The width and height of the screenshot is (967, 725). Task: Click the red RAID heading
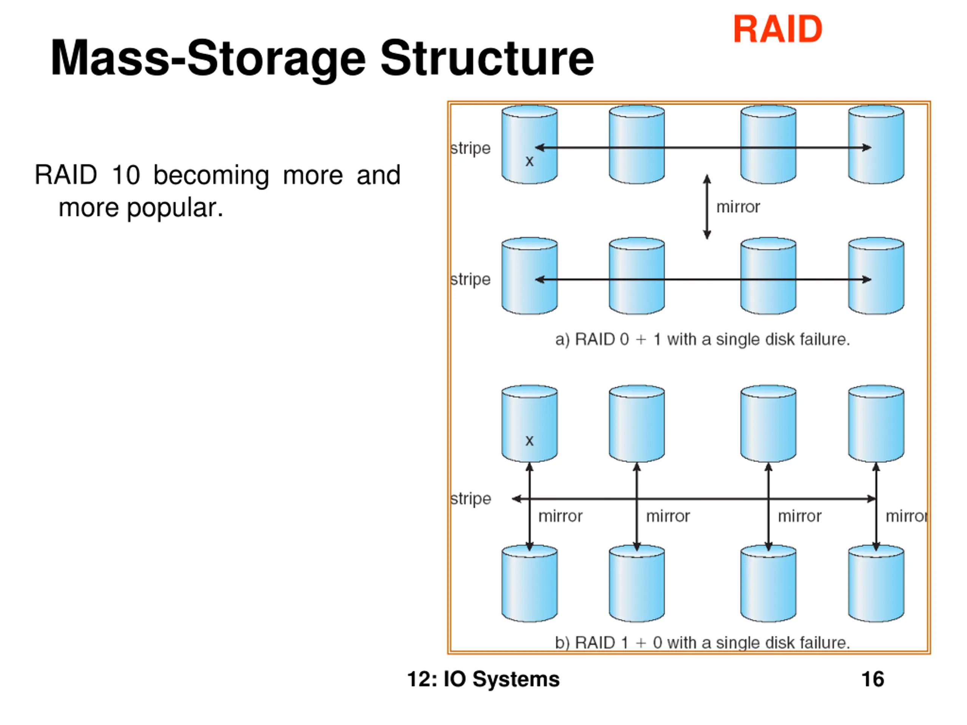(777, 29)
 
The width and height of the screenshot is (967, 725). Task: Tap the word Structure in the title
(487, 58)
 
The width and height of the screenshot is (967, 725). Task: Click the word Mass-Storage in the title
(208, 58)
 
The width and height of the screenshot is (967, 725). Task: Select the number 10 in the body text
(126, 175)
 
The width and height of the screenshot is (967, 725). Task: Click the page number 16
(873, 679)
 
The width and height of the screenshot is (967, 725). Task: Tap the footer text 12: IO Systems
(483, 679)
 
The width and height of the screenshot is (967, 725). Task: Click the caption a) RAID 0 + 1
(702, 339)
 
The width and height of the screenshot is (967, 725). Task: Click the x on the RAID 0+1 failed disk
(530, 161)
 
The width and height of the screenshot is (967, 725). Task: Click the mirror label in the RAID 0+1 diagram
(738, 207)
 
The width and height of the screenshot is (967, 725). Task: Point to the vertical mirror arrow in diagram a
(707, 207)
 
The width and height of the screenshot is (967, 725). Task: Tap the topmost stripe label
(470, 148)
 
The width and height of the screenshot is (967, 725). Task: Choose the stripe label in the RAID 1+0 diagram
(471, 499)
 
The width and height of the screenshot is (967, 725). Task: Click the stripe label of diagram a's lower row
(470, 279)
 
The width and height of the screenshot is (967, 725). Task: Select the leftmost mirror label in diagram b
(560, 516)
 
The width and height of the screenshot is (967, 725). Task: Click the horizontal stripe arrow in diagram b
(700, 499)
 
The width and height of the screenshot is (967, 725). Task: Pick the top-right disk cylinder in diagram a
(876, 144)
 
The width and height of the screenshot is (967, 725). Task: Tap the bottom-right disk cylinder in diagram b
(876, 583)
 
